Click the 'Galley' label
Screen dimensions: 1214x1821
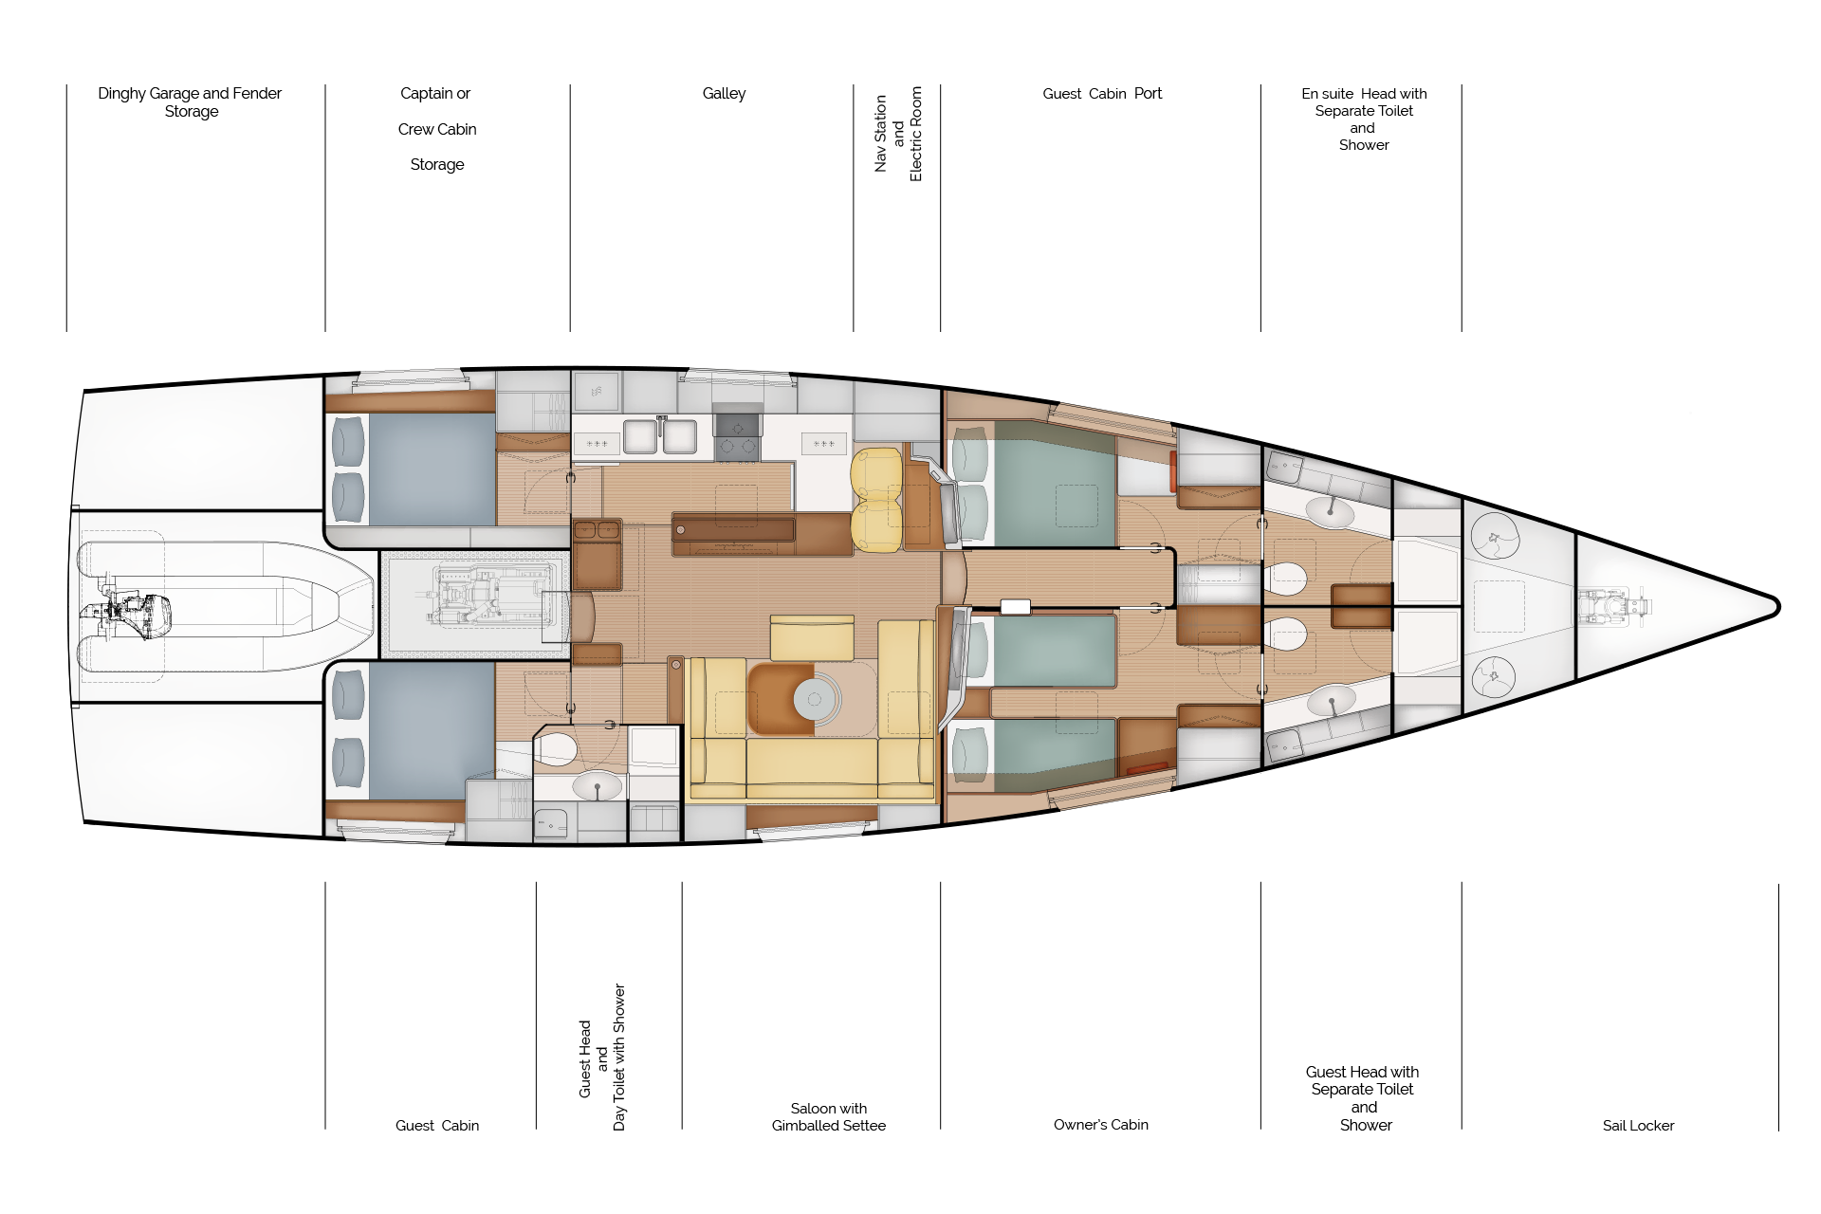(724, 93)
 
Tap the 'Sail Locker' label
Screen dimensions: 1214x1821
(1638, 1125)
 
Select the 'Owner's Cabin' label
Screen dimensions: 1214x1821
(1100, 1124)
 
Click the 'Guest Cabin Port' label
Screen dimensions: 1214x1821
(1101, 93)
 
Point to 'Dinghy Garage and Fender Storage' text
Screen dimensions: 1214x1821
(190, 101)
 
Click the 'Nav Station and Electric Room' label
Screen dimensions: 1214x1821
(897, 133)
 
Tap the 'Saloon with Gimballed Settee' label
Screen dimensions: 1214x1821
(828, 1116)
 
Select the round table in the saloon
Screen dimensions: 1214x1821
(814, 700)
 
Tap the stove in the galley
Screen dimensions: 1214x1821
(737, 437)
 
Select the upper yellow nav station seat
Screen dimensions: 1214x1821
(875, 472)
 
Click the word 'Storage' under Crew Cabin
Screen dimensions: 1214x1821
(436, 164)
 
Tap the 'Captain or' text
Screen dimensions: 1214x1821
(434, 93)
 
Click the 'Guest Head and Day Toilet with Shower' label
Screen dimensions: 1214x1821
(602, 1058)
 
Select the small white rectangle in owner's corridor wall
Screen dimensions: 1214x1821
(1015, 606)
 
